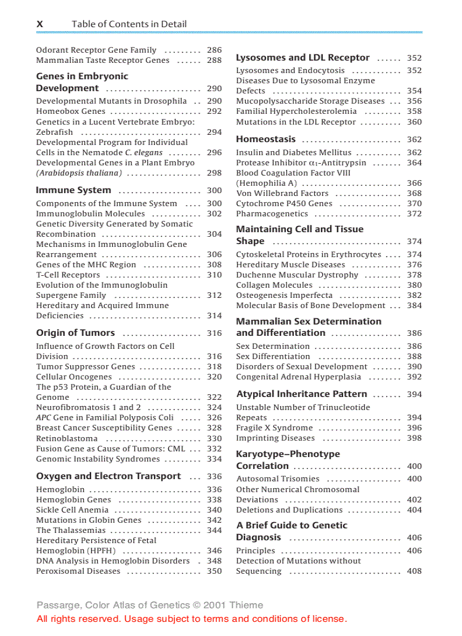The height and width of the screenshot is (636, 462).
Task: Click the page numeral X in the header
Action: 40,24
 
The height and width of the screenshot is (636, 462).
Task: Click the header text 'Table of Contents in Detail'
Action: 129,24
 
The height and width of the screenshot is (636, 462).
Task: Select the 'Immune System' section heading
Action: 74,190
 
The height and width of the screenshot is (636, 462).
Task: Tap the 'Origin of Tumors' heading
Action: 75,333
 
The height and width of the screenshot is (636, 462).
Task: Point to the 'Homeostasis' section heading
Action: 266,139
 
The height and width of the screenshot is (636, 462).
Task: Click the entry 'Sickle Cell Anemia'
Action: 72,510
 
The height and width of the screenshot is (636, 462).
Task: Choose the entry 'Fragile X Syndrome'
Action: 274,428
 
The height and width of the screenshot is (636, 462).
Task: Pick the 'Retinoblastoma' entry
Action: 67,438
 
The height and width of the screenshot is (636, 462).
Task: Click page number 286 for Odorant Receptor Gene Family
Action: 215,50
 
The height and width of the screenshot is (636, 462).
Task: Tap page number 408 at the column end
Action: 414,571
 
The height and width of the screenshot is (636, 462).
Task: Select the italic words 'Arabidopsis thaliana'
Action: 79,173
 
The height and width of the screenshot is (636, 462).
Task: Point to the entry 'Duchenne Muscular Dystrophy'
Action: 297,275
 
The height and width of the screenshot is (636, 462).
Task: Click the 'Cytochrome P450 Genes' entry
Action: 284,203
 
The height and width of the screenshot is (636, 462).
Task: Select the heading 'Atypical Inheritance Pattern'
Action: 301,394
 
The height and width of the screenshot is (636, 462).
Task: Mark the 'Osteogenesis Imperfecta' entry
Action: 284,295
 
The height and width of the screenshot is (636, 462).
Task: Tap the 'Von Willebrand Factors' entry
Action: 282,193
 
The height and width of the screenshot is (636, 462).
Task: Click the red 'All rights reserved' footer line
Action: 192,618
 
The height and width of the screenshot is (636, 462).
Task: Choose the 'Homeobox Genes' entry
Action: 71,111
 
